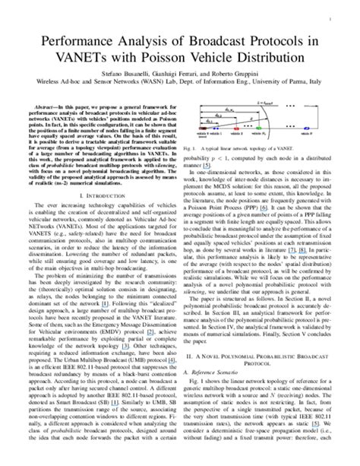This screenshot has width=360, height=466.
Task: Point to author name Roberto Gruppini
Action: [232, 75]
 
